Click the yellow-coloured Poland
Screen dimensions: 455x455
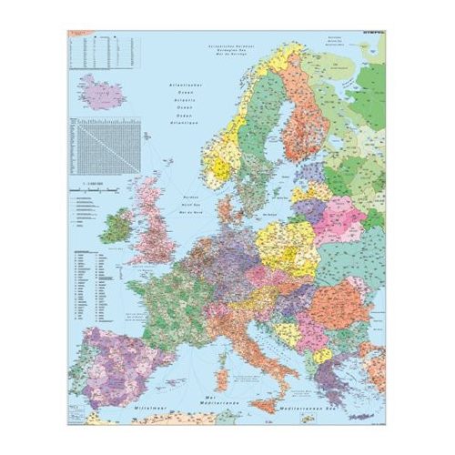pos(285,241)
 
